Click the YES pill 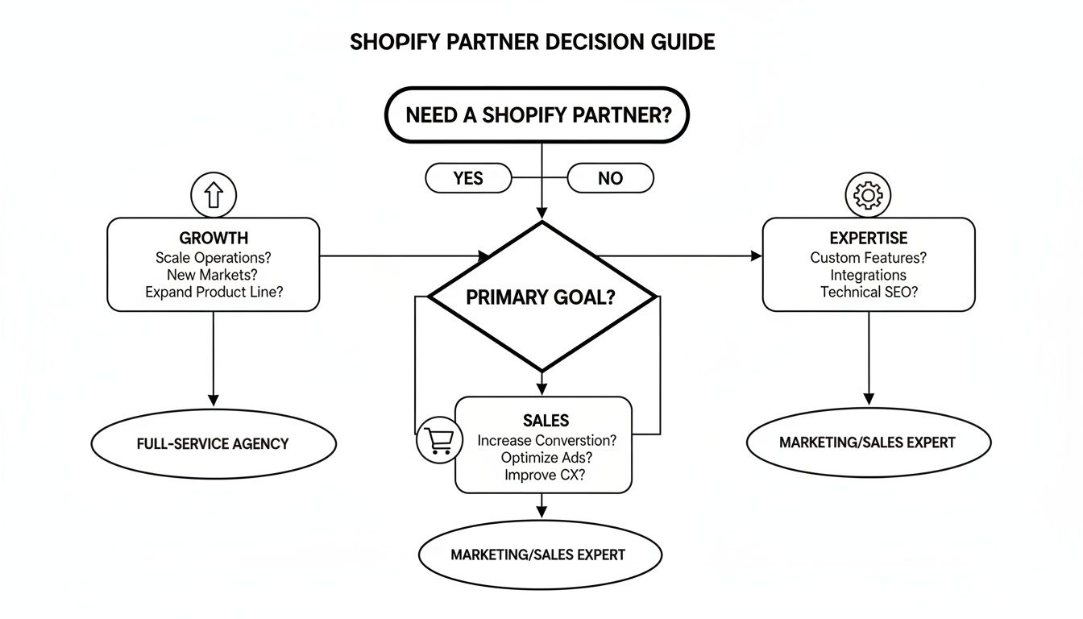click(x=468, y=178)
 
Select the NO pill click(x=610, y=178)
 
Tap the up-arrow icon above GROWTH click(x=213, y=194)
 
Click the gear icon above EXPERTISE click(x=868, y=194)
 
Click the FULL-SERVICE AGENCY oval click(x=213, y=443)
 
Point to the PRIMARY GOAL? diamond click(x=541, y=297)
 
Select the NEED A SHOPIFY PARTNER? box click(x=537, y=115)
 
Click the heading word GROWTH click(x=214, y=239)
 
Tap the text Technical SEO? click(x=869, y=293)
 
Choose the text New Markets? click(x=214, y=275)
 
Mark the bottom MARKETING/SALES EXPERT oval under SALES click(x=539, y=555)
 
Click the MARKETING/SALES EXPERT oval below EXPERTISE click(x=868, y=442)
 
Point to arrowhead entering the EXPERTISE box click(x=756, y=256)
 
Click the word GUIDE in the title click(x=683, y=42)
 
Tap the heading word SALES click(x=546, y=421)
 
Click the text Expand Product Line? click(x=214, y=293)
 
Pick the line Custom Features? click(x=868, y=258)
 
